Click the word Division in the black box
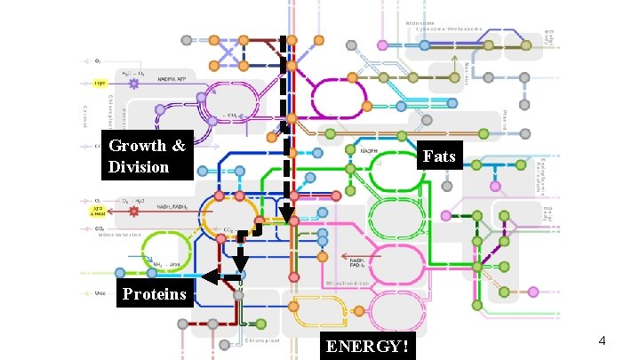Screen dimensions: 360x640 pyautogui.click(x=139, y=165)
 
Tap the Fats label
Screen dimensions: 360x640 pyautogui.click(x=439, y=156)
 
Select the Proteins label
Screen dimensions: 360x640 pyautogui.click(x=155, y=294)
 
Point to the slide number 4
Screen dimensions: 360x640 pyautogui.click(x=602, y=340)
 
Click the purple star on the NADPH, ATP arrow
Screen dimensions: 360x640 pyautogui.click(x=134, y=83)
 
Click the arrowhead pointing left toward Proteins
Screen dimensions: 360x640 pyautogui.click(x=208, y=277)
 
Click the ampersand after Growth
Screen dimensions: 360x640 pyautogui.click(x=179, y=146)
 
